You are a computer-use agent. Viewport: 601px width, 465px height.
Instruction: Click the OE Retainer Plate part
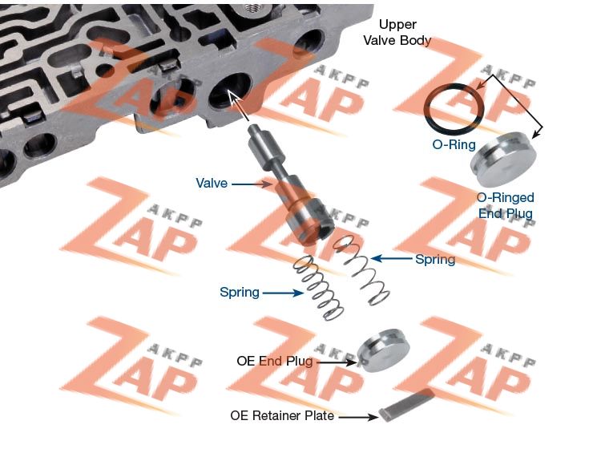408,404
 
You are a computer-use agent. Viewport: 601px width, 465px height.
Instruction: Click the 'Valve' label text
212,184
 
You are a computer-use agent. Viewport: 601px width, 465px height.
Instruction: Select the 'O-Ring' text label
454,145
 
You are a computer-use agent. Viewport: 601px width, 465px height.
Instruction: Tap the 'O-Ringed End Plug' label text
505,205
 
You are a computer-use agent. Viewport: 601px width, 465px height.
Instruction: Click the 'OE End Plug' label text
274,362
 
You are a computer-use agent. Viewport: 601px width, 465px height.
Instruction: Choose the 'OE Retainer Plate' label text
281,416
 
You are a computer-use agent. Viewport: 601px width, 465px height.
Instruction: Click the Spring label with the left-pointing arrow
435,259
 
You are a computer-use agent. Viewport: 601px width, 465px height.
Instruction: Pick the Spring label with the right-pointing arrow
240,292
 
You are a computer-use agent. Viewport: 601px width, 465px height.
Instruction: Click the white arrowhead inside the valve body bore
234,98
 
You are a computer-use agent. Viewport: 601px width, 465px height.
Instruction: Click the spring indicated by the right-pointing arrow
318,288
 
